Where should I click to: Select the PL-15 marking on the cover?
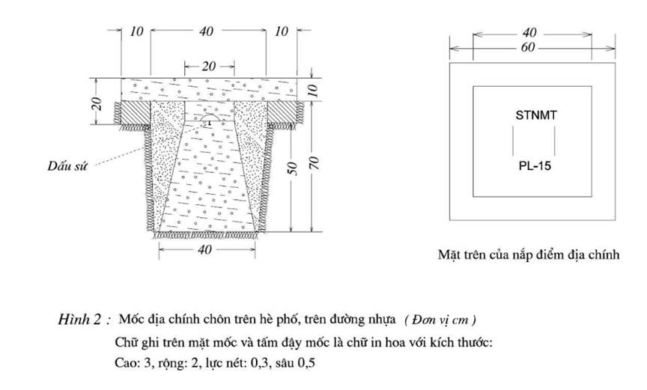[534, 166]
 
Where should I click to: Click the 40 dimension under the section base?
[204, 250]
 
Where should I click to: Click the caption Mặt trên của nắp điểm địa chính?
[529, 255]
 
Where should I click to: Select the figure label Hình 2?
[82, 320]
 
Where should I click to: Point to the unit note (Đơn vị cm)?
[440, 320]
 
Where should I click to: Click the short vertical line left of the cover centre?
[512, 139]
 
